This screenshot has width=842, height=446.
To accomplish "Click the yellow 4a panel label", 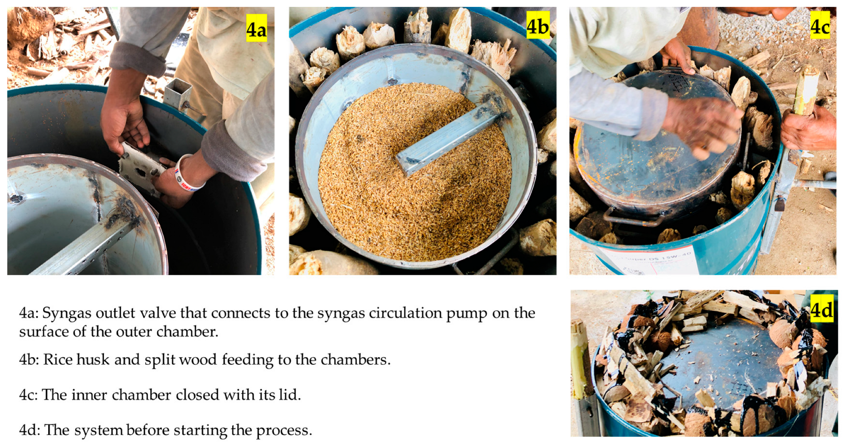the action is pyautogui.click(x=256, y=28).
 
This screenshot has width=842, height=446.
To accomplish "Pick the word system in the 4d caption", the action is pyautogui.click(x=98, y=431).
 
